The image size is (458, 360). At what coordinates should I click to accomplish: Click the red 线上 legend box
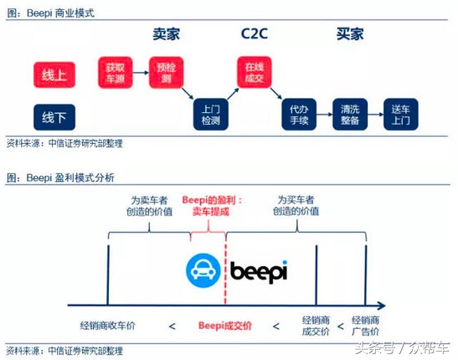tap(55, 75)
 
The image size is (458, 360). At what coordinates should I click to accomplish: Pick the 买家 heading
tap(350, 35)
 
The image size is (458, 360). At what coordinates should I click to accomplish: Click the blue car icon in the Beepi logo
tap(203, 269)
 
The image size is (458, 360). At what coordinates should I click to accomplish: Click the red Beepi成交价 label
tap(225, 325)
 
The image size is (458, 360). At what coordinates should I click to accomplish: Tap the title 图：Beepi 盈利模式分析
tap(60, 177)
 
